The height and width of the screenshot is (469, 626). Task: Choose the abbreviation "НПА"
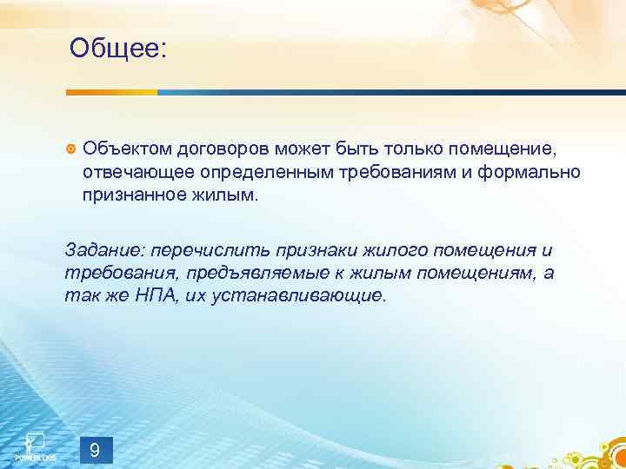(153, 296)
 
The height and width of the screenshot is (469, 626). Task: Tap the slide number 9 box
(96, 449)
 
